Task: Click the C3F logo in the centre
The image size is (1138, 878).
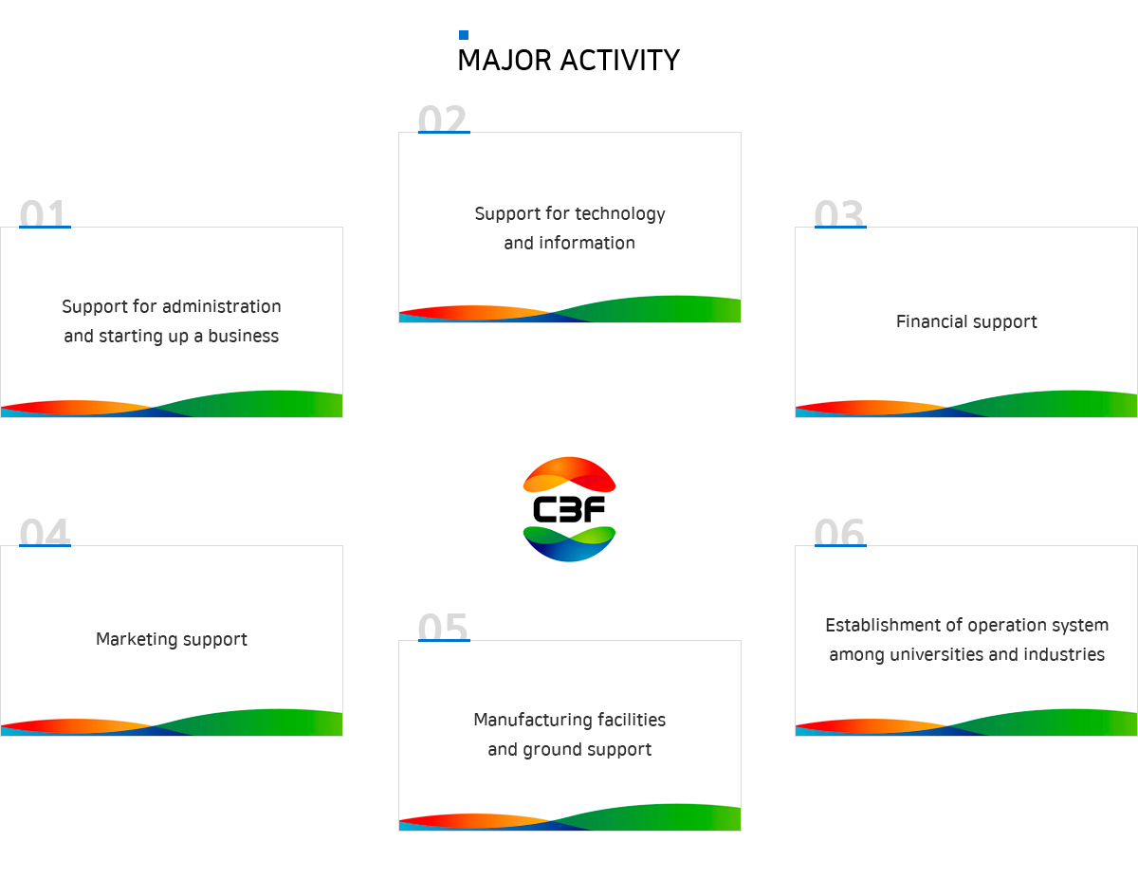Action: (569, 509)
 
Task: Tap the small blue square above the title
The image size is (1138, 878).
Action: (464, 35)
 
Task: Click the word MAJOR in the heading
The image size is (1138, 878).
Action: (505, 61)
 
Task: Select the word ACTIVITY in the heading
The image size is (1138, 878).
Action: (620, 61)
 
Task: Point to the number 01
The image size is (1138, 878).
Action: (44, 213)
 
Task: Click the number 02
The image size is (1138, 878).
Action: (443, 119)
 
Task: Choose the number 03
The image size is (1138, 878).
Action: (839, 213)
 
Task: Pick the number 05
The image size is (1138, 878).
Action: (443, 626)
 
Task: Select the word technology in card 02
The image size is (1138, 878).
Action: (620, 214)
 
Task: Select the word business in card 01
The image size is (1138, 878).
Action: (244, 336)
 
